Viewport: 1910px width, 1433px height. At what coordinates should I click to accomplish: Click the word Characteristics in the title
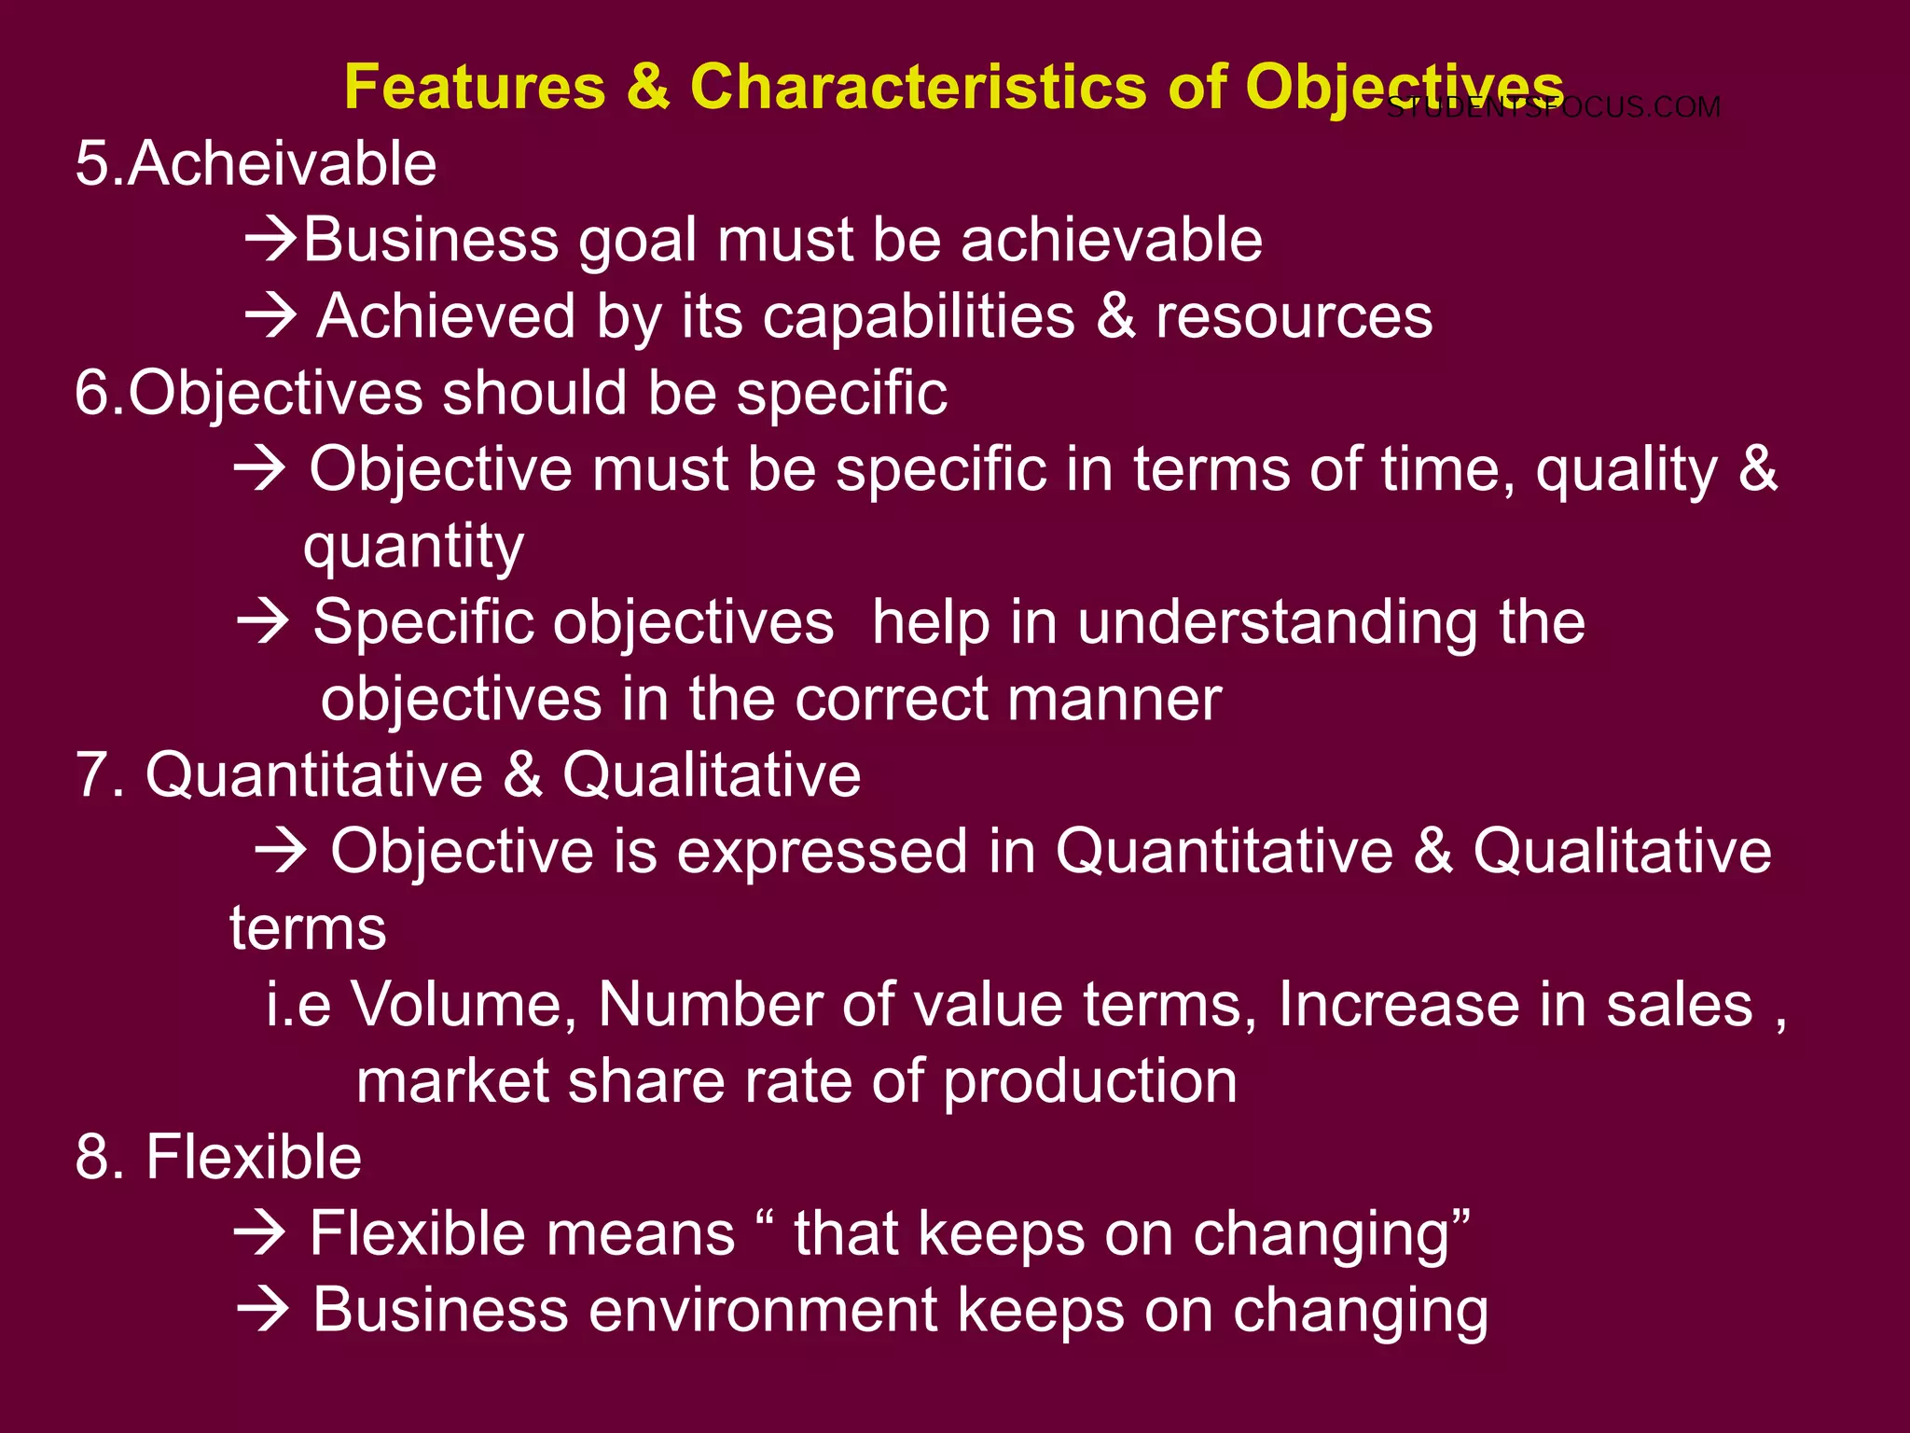918,88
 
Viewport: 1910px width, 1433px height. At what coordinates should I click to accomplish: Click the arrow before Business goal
270,241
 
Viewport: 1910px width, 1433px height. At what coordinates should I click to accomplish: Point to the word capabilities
919,317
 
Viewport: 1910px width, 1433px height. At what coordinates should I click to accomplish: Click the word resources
1294,317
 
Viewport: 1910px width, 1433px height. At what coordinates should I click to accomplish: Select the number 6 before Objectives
91,393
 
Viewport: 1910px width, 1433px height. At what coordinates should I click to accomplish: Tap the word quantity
413,547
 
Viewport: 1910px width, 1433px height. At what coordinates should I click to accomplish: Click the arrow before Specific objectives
263,622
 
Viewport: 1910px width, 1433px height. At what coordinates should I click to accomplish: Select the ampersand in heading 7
524,775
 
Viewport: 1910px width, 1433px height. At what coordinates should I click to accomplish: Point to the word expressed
822,852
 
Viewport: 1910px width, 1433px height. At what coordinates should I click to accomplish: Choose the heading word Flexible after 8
254,1158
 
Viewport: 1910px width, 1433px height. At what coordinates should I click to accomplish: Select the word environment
763,1310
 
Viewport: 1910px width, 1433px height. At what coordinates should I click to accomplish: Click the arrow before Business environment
263,1311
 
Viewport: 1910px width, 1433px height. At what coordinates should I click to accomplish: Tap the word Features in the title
476,88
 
